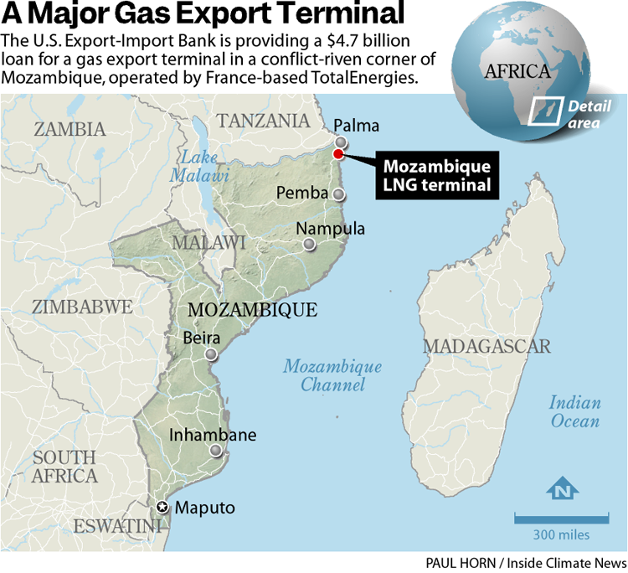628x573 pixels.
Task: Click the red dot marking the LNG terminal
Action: [x=338, y=153]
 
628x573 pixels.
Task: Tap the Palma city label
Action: [x=356, y=126]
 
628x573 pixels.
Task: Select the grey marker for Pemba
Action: [x=338, y=194]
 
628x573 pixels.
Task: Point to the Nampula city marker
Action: [x=310, y=245]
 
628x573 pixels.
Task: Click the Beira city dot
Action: [x=211, y=354]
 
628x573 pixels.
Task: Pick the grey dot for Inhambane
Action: [x=217, y=451]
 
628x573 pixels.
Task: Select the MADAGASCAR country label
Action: [x=486, y=346]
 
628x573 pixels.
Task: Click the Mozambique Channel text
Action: [x=332, y=376]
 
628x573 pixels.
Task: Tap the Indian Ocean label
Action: [x=574, y=412]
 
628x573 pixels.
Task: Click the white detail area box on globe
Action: [x=546, y=110]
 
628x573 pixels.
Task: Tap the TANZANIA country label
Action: [x=263, y=120]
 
